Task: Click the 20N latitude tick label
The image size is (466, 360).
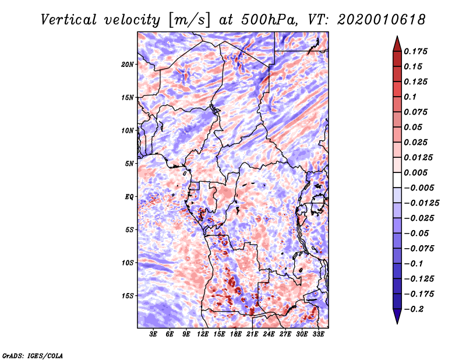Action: [x=128, y=64]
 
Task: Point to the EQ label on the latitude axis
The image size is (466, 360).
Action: [x=129, y=197]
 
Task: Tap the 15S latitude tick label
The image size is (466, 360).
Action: [x=128, y=296]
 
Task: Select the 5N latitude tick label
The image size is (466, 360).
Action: [x=129, y=164]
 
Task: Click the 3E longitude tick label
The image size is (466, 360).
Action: [x=154, y=335]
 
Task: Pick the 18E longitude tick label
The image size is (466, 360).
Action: [x=236, y=335]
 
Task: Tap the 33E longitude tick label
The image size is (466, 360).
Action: [x=318, y=335]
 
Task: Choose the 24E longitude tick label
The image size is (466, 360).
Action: [x=269, y=335]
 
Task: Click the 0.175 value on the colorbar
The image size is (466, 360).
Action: [x=417, y=51]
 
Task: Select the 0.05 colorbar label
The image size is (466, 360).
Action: [x=415, y=127]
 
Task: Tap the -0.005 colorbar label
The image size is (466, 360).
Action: [x=419, y=188]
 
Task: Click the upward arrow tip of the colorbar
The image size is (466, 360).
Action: [x=396, y=37]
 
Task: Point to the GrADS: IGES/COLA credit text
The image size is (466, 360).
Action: [x=33, y=355]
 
